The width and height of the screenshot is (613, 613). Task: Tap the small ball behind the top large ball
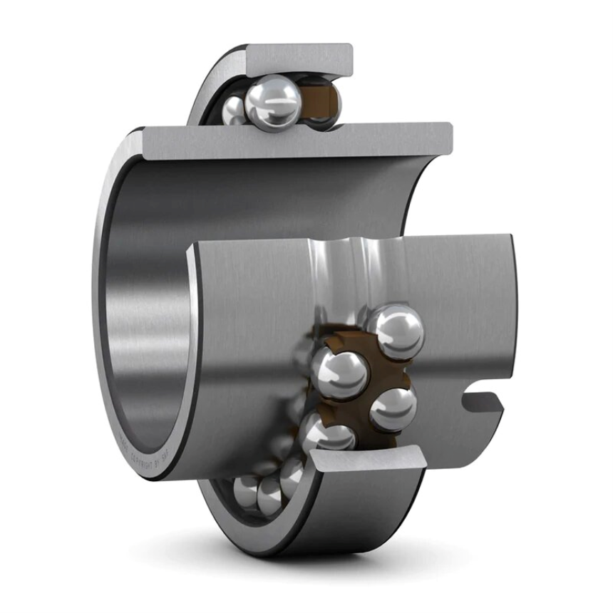point(234,110)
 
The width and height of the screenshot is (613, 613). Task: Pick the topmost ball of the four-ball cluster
point(397,330)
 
